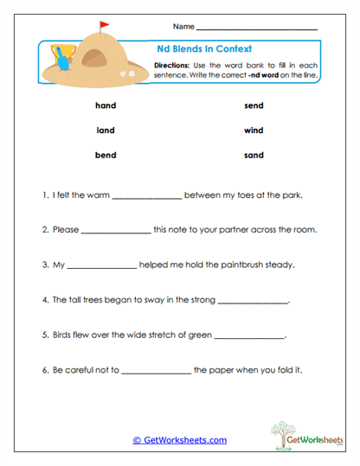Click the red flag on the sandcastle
pos(105,25)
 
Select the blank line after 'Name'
pos(257,29)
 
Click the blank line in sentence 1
pos(147,198)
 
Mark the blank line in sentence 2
pos(115,233)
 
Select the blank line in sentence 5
pos(248,337)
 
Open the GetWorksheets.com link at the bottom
pos(180,440)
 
